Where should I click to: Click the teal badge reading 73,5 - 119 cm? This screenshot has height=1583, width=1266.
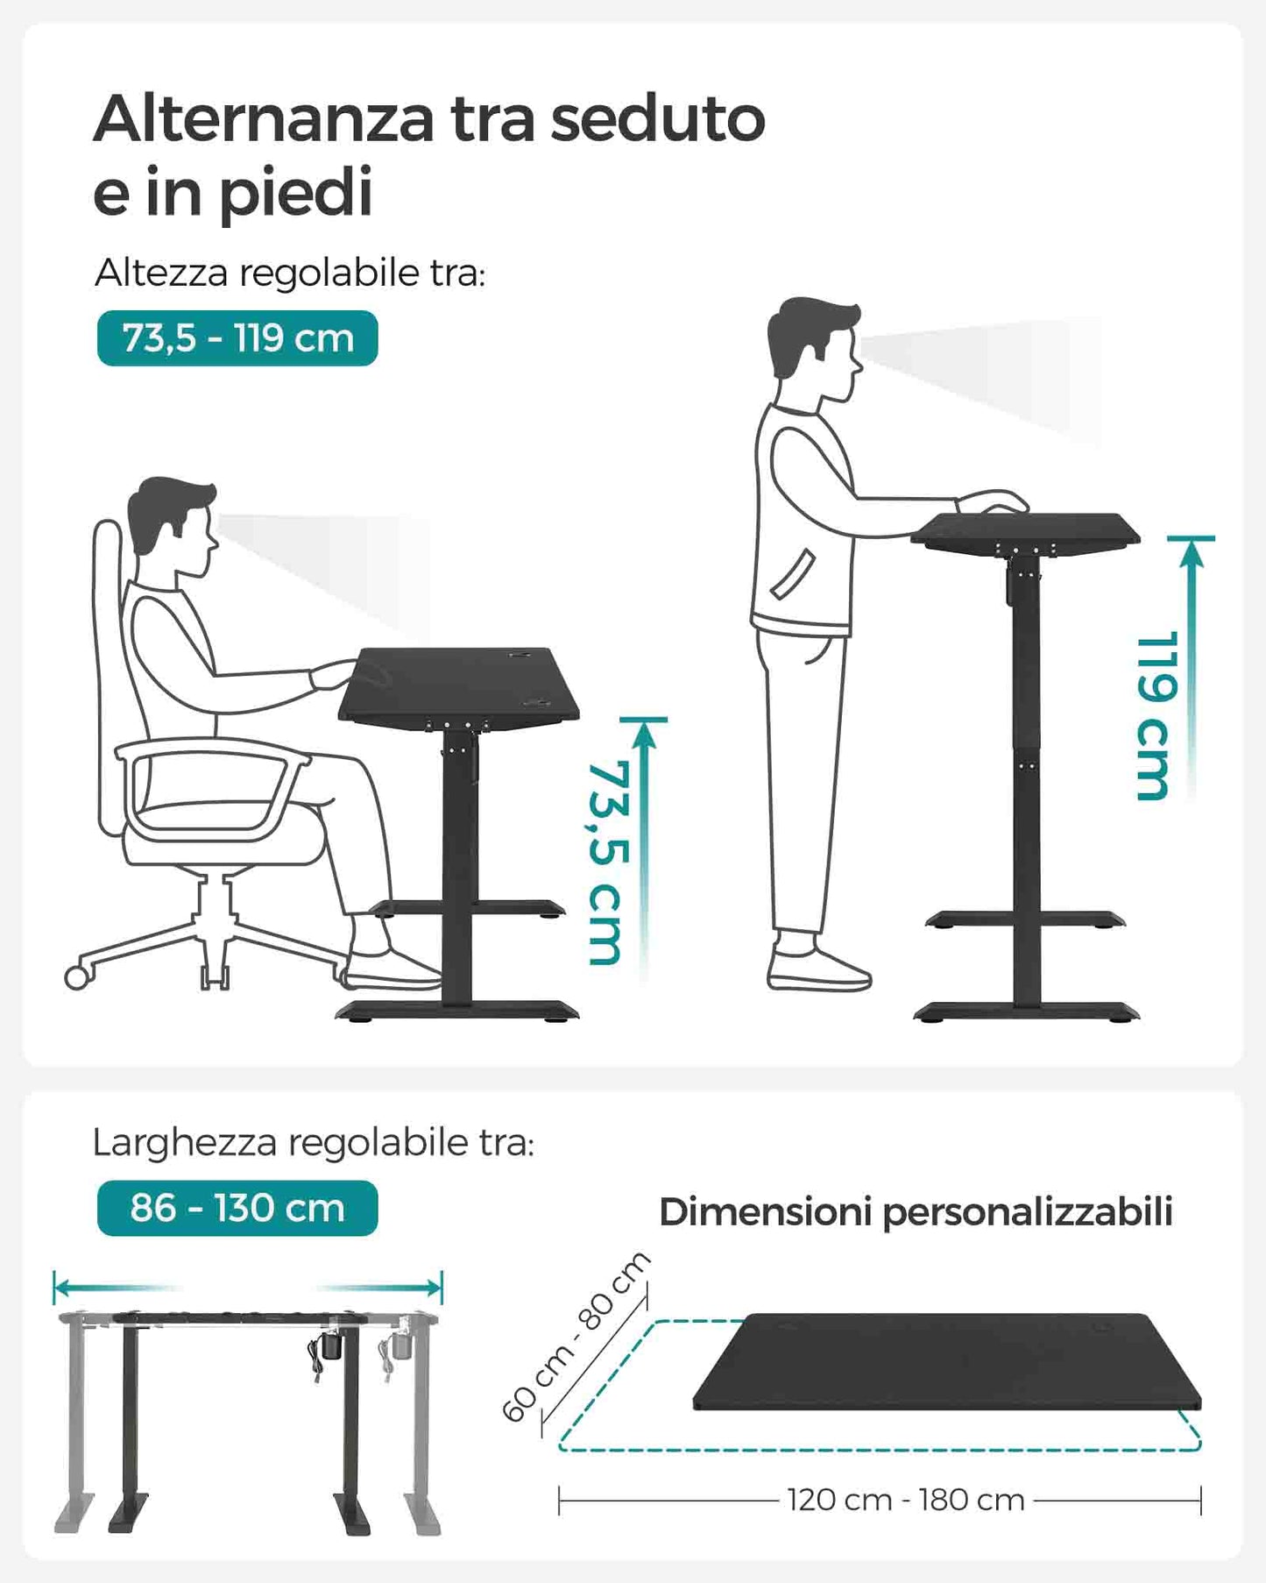(237, 338)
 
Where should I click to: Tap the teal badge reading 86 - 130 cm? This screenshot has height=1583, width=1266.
(237, 1208)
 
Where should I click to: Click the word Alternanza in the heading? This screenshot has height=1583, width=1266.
(264, 118)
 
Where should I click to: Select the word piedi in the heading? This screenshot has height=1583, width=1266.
(296, 193)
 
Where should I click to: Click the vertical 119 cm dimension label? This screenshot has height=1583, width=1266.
(1154, 716)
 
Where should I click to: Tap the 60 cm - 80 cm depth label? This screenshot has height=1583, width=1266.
(576, 1337)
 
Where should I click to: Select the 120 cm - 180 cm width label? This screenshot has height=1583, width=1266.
(906, 1500)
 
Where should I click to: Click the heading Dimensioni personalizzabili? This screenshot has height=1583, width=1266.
(916, 1213)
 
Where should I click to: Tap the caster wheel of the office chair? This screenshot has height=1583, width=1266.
(77, 977)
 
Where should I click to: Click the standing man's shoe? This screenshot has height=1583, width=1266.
(819, 969)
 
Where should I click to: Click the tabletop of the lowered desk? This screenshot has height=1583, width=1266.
(459, 684)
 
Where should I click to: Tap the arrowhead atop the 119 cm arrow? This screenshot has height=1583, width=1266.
(1192, 552)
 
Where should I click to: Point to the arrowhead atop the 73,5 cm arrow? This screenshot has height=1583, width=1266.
(644, 735)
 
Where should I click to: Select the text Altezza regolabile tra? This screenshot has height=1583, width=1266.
(290, 273)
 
